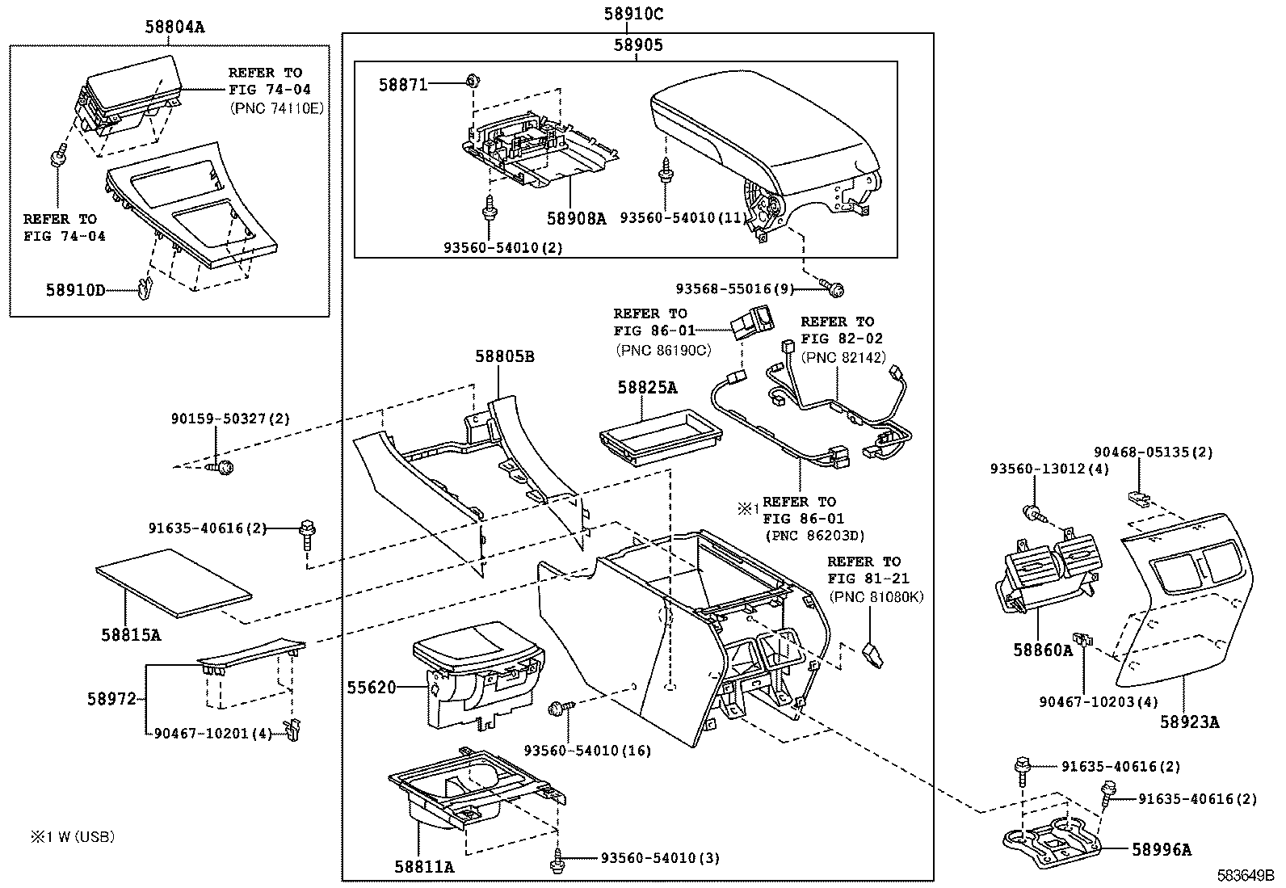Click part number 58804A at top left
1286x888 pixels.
[175, 27]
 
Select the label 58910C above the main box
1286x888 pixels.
[634, 14]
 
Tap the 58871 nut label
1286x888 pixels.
[402, 84]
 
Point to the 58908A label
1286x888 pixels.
[576, 218]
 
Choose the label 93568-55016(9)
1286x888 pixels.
[735, 288]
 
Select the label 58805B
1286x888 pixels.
[505, 356]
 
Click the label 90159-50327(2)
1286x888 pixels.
[230, 419]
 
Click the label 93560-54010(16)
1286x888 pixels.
[587, 751]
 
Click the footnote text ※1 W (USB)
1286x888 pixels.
[73, 837]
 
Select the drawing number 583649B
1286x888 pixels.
[1246, 875]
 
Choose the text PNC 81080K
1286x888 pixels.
[876, 597]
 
